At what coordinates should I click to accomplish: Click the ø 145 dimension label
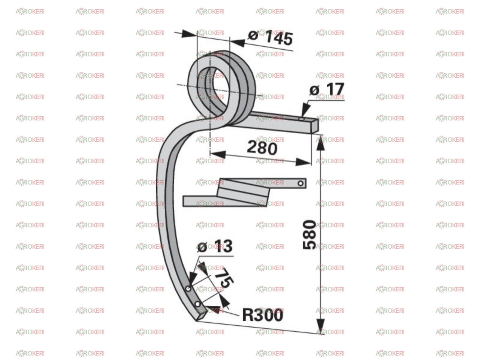click(x=270, y=38)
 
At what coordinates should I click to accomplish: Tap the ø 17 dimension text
click(x=327, y=89)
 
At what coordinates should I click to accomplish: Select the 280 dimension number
click(x=262, y=148)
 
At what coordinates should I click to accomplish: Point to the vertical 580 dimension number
click(x=309, y=234)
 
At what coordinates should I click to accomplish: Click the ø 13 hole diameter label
click(x=215, y=246)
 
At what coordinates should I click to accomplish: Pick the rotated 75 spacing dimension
click(x=224, y=277)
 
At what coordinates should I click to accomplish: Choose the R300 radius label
click(x=262, y=315)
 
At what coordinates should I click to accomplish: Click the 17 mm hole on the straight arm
click(x=301, y=119)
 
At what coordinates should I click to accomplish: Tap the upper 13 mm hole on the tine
click(x=188, y=289)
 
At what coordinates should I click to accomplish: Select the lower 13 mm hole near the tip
click(x=198, y=304)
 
